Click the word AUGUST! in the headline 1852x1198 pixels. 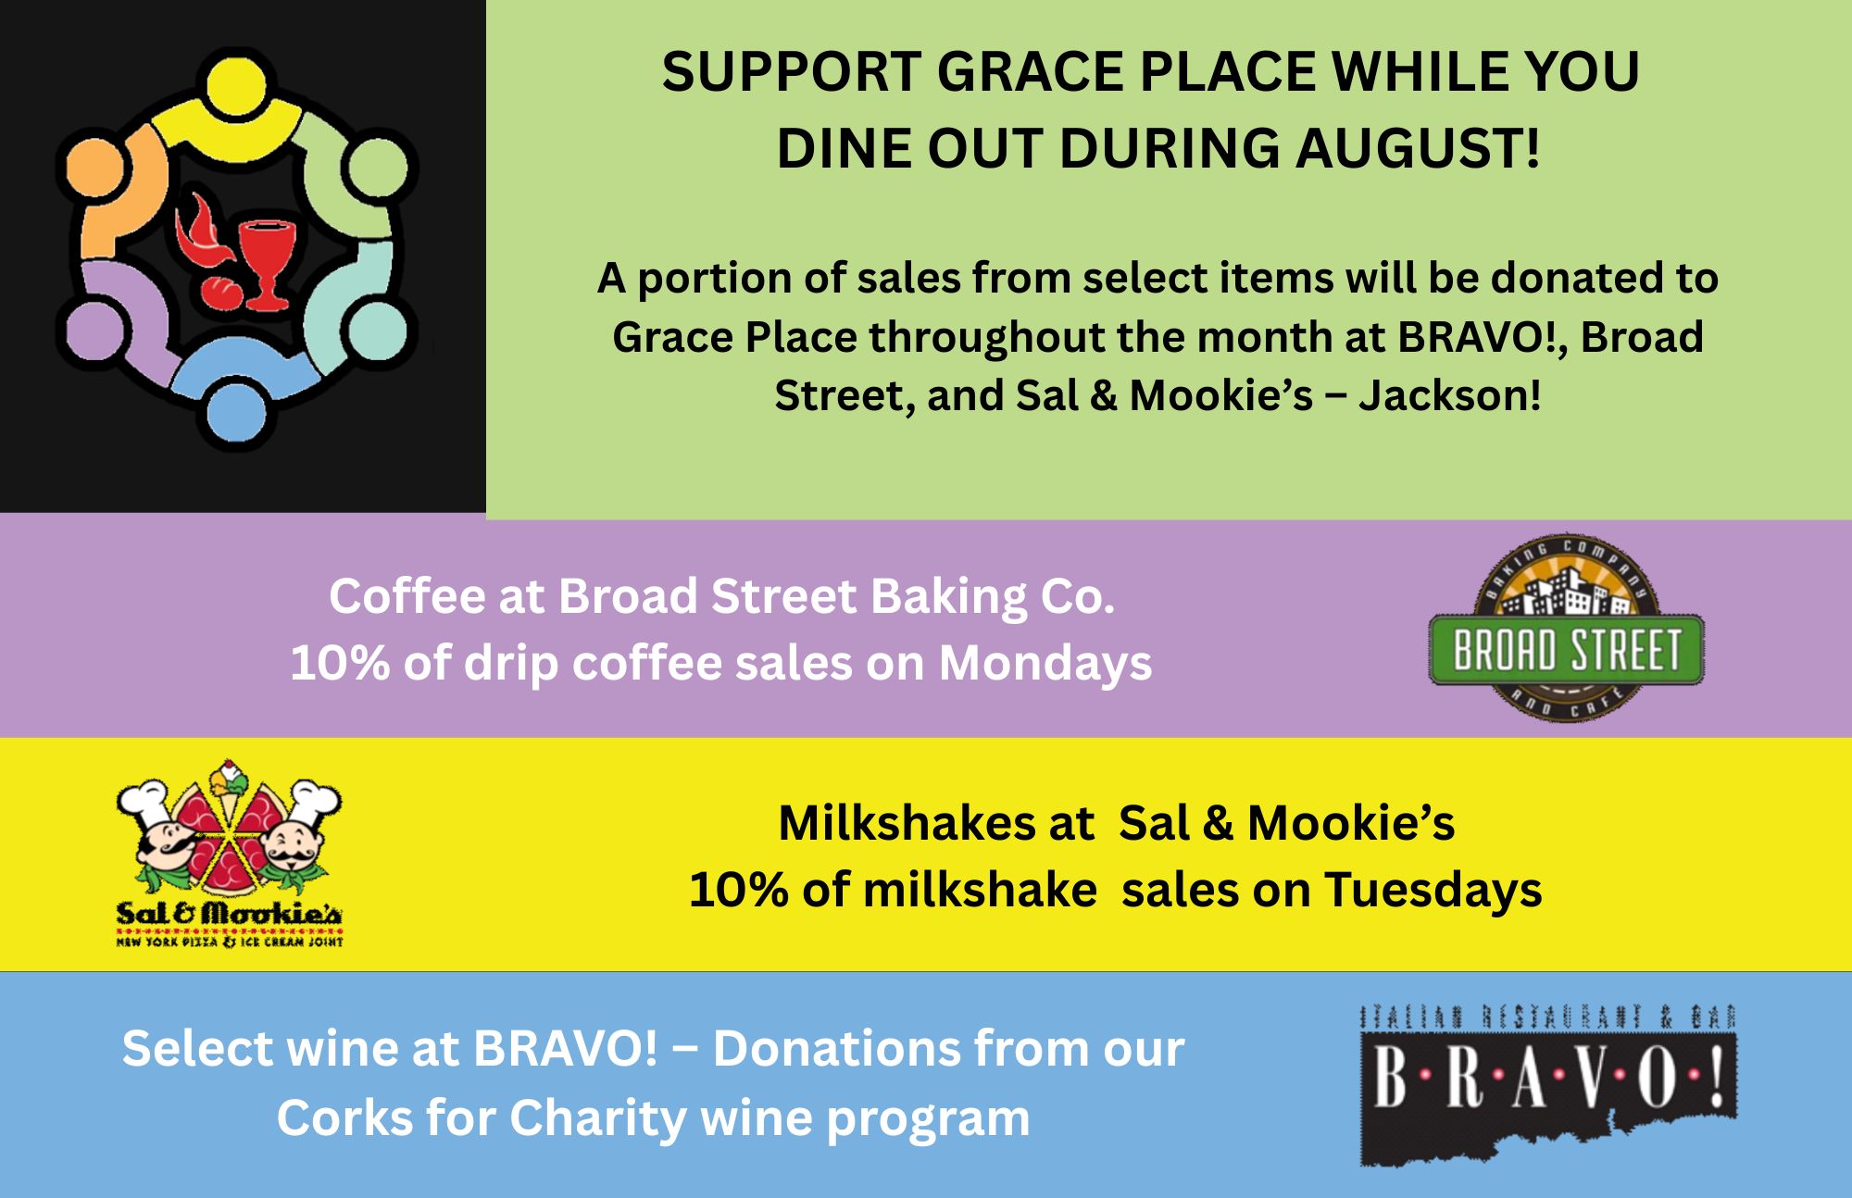[1418, 148]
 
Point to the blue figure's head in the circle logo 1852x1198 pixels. [237, 413]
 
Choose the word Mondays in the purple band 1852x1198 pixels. [1045, 664]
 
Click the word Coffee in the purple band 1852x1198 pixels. [407, 596]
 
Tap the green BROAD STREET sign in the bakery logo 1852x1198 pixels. [1566, 649]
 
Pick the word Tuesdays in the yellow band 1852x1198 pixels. [1433, 891]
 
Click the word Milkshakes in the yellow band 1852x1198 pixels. [936, 823]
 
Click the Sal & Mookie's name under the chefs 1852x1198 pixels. [229, 915]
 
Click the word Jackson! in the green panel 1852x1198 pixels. [1450, 396]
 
